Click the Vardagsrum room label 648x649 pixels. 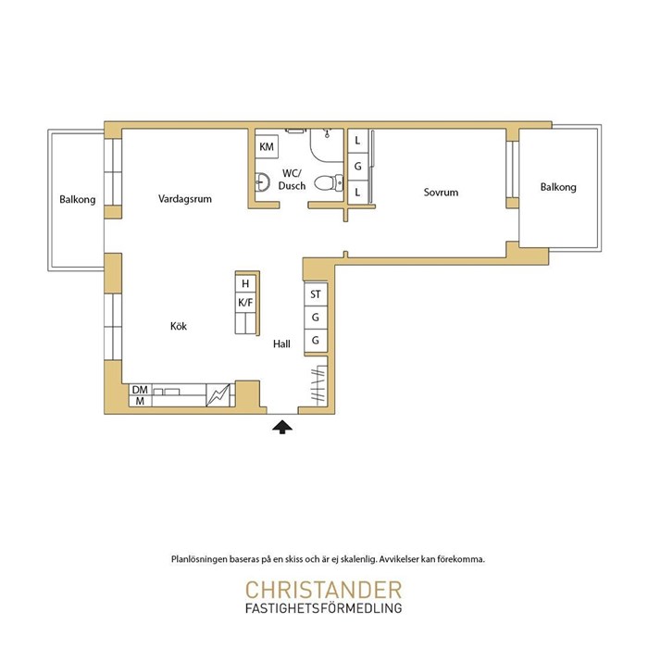pyautogui.click(x=184, y=199)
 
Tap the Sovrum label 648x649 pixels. pyautogui.click(x=441, y=193)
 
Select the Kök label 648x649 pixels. pyautogui.click(x=179, y=326)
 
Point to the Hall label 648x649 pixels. pyautogui.click(x=281, y=344)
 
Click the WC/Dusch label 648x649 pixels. pyautogui.click(x=292, y=180)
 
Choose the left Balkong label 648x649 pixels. pyautogui.click(x=78, y=200)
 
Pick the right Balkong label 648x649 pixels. pyautogui.click(x=558, y=188)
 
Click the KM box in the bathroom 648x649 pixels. pyautogui.click(x=267, y=147)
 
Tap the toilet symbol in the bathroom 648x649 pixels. pyautogui.click(x=329, y=182)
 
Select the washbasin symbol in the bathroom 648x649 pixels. pyautogui.click(x=262, y=182)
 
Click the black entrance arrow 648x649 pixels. pyautogui.click(x=282, y=427)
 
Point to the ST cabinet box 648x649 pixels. pyautogui.click(x=316, y=294)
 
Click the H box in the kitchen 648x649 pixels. pyautogui.click(x=245, y=283)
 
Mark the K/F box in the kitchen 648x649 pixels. pyautogui.click(x=245, y=303)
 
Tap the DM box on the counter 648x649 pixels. pyautogui.click(x=140, y=390)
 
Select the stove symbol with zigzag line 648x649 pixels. pyautogui.click(x=218, y=395)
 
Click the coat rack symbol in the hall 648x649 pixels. pyautogui.click(x=318, y=385)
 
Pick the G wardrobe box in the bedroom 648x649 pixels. pyautogui.click(x=358, y=167)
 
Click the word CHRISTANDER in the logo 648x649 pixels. pyautogui.click(x=324, y=591)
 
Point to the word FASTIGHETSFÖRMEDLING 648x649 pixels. pyautogui.click(x=324, y=608)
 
